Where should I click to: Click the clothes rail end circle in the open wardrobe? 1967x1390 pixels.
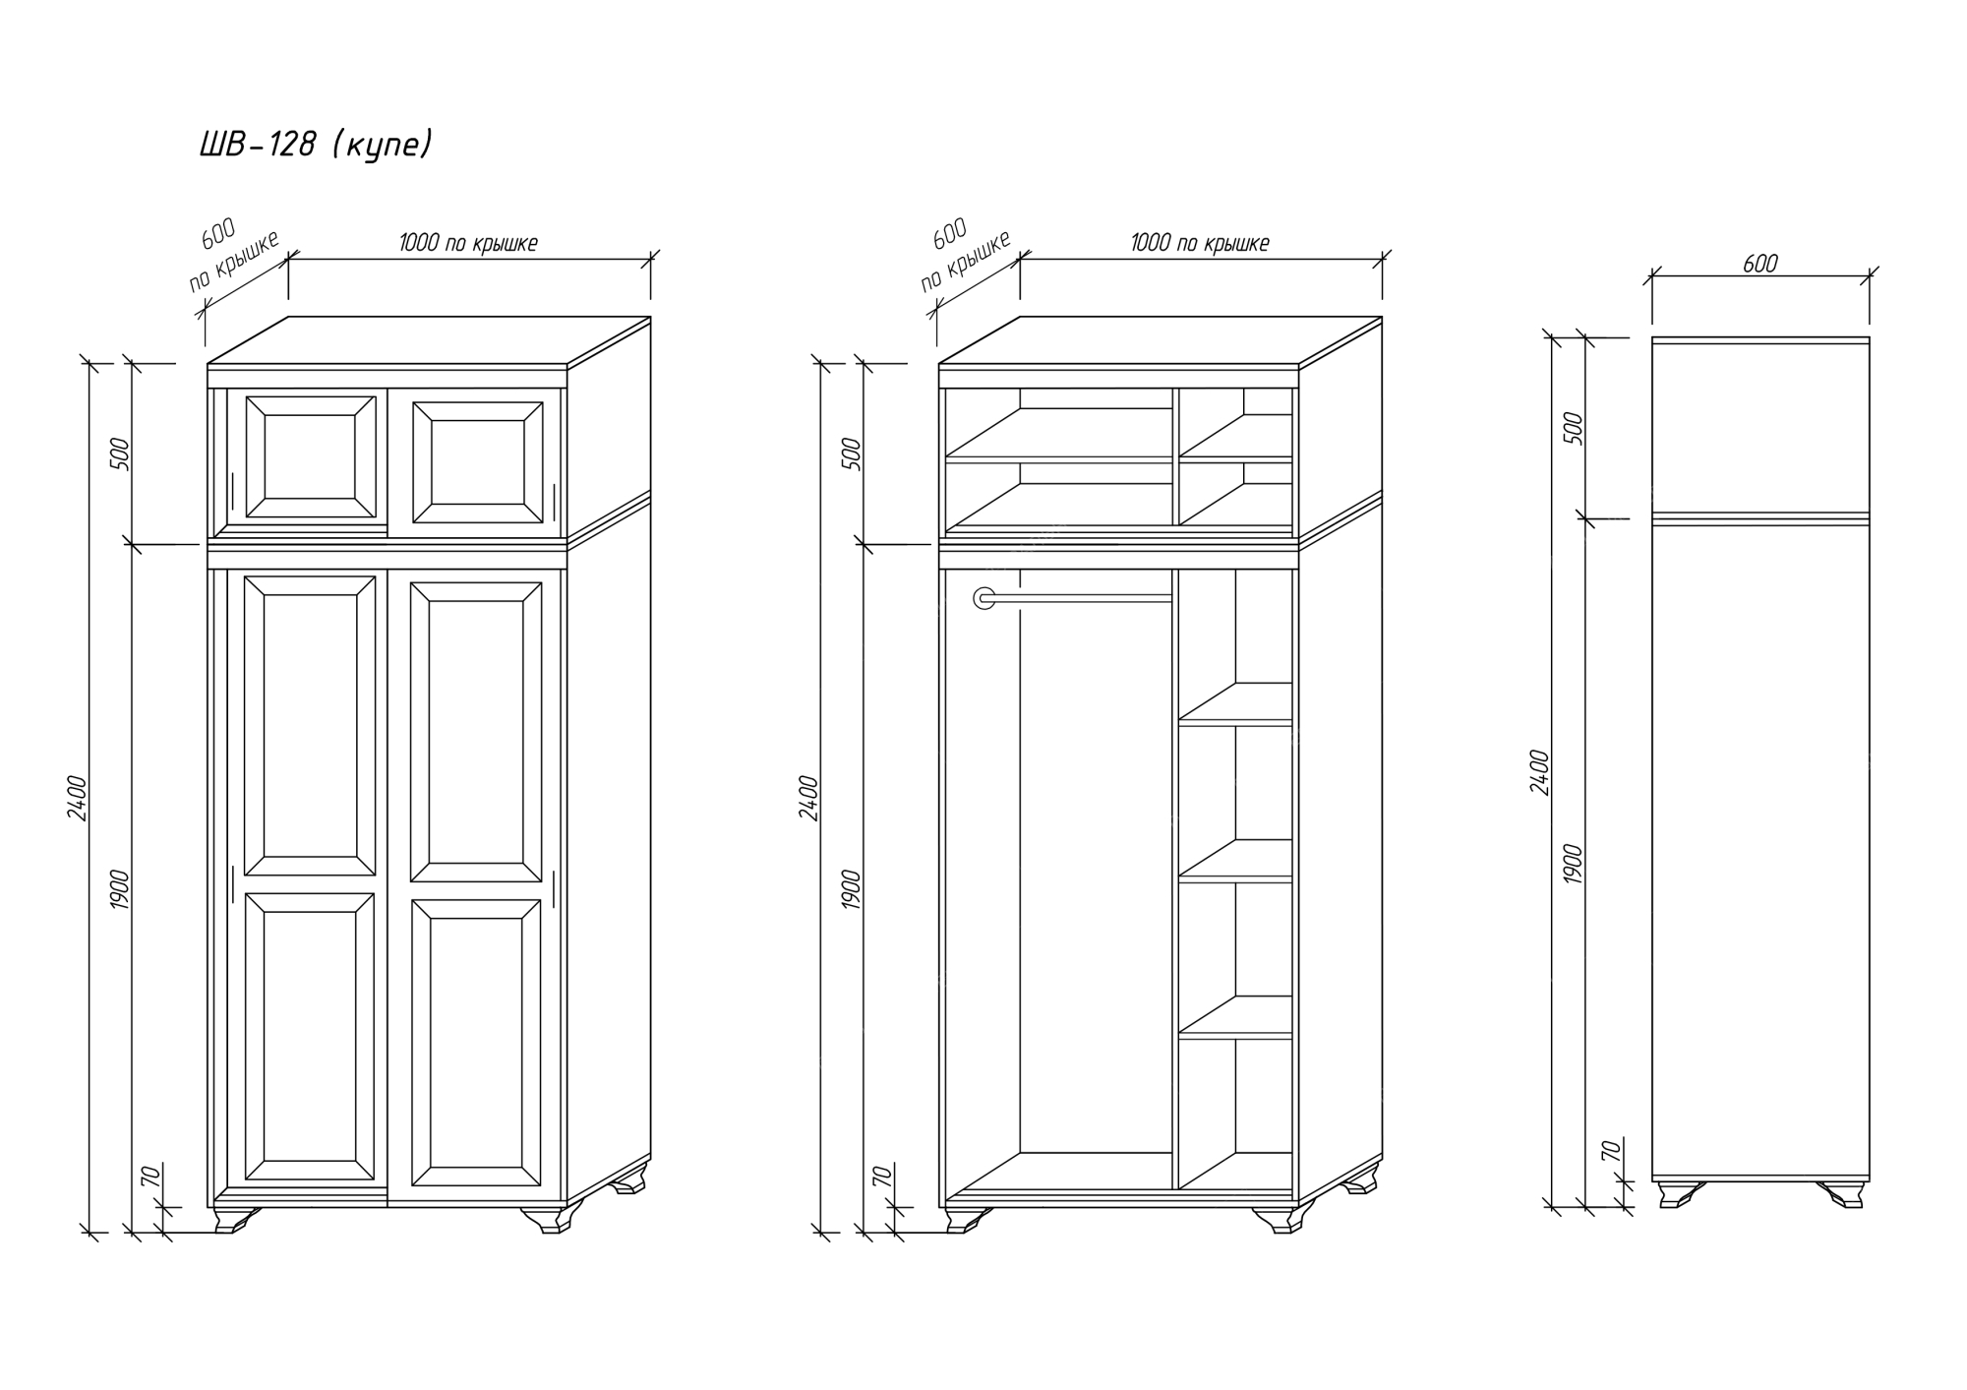point(983,598)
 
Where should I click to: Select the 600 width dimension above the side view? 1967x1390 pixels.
point(1760,264)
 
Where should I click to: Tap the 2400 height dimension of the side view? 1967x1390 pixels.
point(1540,772)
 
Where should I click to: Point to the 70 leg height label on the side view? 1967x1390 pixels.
point(1611,1150)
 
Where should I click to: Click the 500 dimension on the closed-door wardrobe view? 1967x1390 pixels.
point(123,453)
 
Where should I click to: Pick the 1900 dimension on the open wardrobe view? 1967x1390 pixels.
point(853,889)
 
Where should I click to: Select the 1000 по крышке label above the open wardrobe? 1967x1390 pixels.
point(1200,243)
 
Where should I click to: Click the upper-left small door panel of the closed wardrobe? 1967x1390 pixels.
point(310,456)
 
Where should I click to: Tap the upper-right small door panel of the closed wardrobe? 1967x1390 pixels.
point(478,462)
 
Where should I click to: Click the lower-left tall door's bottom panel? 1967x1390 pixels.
point(310,1037)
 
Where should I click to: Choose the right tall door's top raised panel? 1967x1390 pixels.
point(476,732)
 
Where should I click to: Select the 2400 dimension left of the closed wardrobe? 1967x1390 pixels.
point(79,798)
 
